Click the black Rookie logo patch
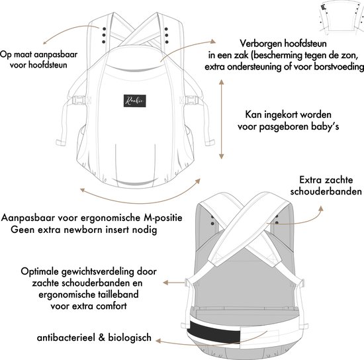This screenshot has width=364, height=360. tap(135, 101)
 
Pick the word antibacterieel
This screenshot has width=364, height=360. tap(66, 337)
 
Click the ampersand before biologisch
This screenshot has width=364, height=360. tap(102, 337)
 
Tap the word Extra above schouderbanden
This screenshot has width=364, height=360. tap(309, 180)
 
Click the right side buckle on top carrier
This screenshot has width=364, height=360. tap(192, 101)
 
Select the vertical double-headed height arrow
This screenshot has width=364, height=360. tap(222, 119)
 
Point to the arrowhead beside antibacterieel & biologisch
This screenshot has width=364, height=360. tap(158, 341)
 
